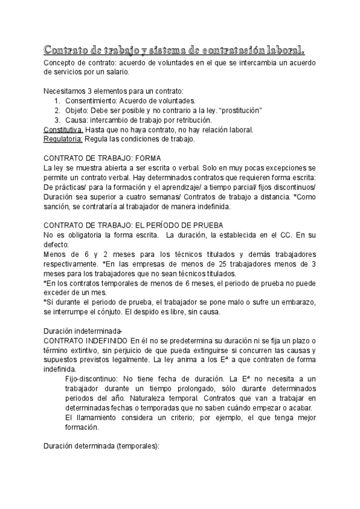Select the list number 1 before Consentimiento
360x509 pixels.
pos(57,100)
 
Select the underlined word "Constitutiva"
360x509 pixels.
pos(64,129)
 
